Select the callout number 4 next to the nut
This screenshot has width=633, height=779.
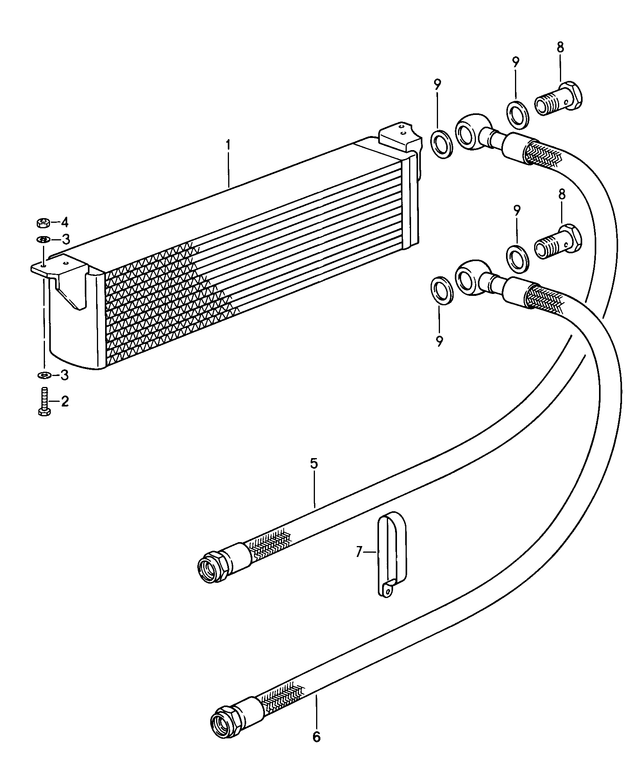[64, 223]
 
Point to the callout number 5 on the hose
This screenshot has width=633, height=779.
[314, 464]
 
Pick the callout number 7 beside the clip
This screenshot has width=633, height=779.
[359, 552]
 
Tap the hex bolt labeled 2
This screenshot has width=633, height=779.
[44, 401]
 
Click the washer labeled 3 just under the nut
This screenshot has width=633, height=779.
[42, 238]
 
